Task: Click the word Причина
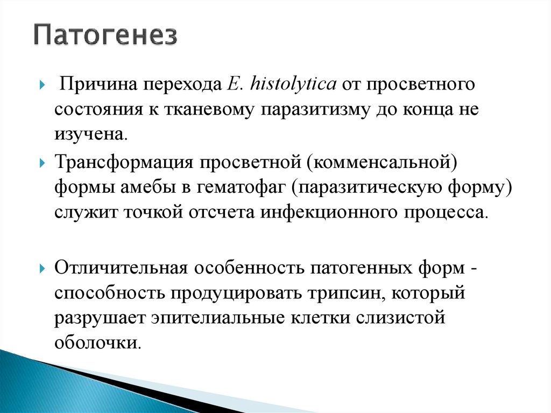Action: coord(91,85)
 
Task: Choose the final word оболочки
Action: coord(96,342)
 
